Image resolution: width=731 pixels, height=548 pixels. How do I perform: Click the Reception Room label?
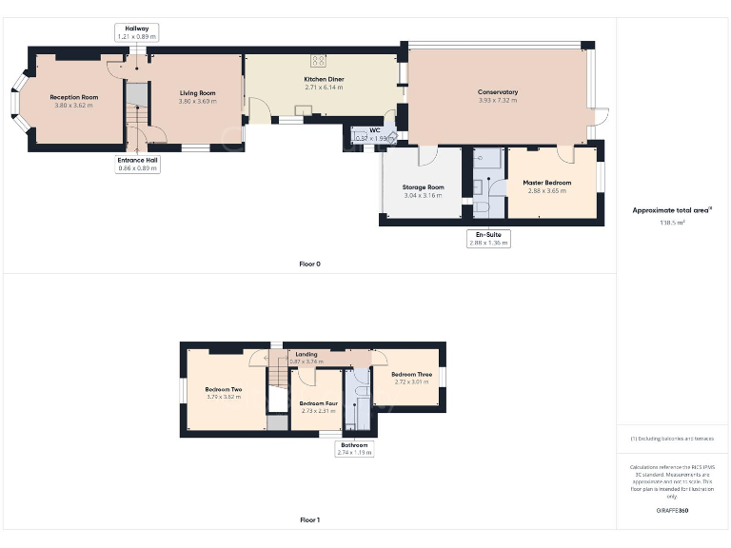point(74,97)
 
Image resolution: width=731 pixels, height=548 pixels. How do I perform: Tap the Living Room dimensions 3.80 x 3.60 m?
point(198,101)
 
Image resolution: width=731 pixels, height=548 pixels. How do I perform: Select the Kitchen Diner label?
point(324,79)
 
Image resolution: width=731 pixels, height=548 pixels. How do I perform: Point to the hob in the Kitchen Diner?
point(320,60)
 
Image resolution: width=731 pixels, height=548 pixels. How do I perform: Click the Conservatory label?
point(498,92)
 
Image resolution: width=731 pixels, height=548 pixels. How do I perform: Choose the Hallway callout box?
point(137,32)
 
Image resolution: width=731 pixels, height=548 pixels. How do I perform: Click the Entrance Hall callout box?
point(137,165)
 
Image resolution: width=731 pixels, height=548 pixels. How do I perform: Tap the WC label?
point(374,131)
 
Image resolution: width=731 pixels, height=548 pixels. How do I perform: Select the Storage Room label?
point(424,187)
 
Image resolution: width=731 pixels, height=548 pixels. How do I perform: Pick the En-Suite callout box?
point(488,238)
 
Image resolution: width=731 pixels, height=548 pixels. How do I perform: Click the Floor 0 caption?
point(309,264)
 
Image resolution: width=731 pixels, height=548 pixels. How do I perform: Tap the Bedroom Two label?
point(223,389)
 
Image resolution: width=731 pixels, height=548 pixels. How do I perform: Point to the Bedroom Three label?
point(411,375)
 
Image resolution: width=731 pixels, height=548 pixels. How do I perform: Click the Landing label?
point(306,354)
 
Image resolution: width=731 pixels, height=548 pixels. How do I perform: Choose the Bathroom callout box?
point(354,448)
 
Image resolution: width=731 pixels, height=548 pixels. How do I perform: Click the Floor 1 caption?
point(309,520)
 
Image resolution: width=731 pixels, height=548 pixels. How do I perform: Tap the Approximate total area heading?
point(672,210)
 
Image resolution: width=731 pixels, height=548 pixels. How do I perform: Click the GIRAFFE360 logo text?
point(672,511)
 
